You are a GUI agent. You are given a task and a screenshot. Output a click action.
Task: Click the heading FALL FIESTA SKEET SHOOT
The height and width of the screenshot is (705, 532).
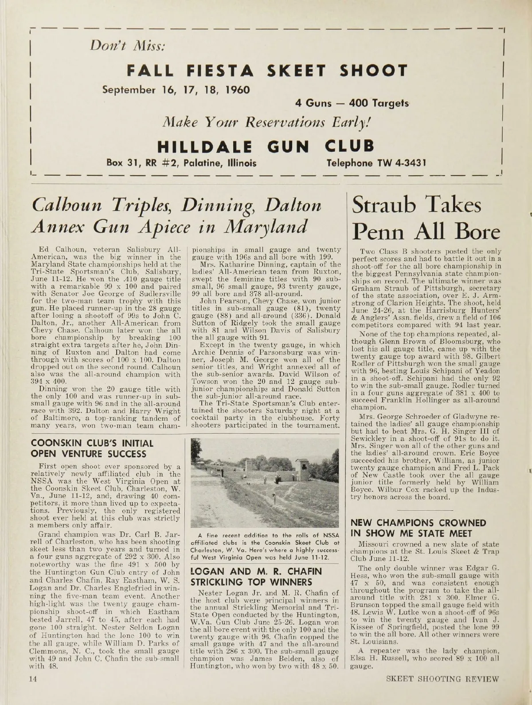tap(267, 70)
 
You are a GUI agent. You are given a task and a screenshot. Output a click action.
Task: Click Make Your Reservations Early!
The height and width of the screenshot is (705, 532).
tap(266, 121)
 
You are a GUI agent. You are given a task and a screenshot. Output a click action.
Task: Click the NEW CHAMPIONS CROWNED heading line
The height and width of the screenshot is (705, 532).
tap(418, 523)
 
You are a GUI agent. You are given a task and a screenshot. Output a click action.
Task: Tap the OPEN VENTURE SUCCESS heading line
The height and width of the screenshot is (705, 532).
tap(89, 454)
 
